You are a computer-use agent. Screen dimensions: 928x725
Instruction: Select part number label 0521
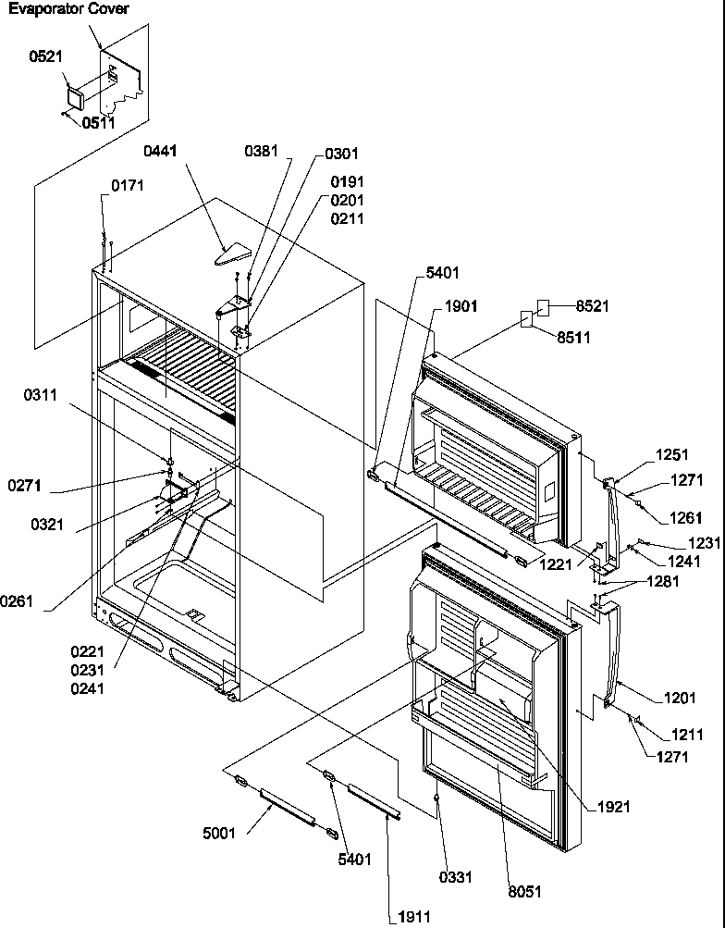[x=46, y=56]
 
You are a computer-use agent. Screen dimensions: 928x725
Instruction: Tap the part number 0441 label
[x=162, y=150]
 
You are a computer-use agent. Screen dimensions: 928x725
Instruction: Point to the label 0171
[x=128, y=187]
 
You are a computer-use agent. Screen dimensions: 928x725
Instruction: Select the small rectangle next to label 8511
[x=526, y=320]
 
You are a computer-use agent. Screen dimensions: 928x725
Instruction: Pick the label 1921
[x=613, y=807]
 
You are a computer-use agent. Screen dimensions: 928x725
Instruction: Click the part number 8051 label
[x=524, y=892]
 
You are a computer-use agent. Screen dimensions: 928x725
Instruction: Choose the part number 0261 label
[x=17, y=601]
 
